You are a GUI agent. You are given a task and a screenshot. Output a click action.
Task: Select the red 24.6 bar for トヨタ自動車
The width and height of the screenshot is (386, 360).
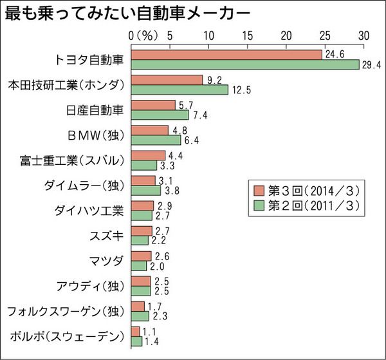(226, 55)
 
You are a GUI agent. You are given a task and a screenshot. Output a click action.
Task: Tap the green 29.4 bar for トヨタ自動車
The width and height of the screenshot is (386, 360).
(244, 64)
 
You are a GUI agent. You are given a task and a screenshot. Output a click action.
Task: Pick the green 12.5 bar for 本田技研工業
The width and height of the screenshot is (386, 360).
(179, 90)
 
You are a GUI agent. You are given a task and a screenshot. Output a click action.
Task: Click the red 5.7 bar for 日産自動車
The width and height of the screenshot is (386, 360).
(152, 105)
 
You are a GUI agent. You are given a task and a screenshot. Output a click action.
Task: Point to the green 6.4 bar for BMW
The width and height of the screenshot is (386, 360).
(156, 140)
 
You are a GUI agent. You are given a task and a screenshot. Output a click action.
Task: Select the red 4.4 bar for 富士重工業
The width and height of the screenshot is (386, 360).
(147, 155)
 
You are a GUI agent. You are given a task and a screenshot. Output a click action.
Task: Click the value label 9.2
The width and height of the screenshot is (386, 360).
(214, 79)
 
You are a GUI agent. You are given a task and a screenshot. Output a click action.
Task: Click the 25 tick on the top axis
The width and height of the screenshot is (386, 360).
(324, 35)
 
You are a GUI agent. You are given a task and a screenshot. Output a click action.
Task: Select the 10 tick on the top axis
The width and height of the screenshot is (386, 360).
(208, 35)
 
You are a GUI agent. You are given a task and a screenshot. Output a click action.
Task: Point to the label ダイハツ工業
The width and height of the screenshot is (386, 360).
(94, 210)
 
